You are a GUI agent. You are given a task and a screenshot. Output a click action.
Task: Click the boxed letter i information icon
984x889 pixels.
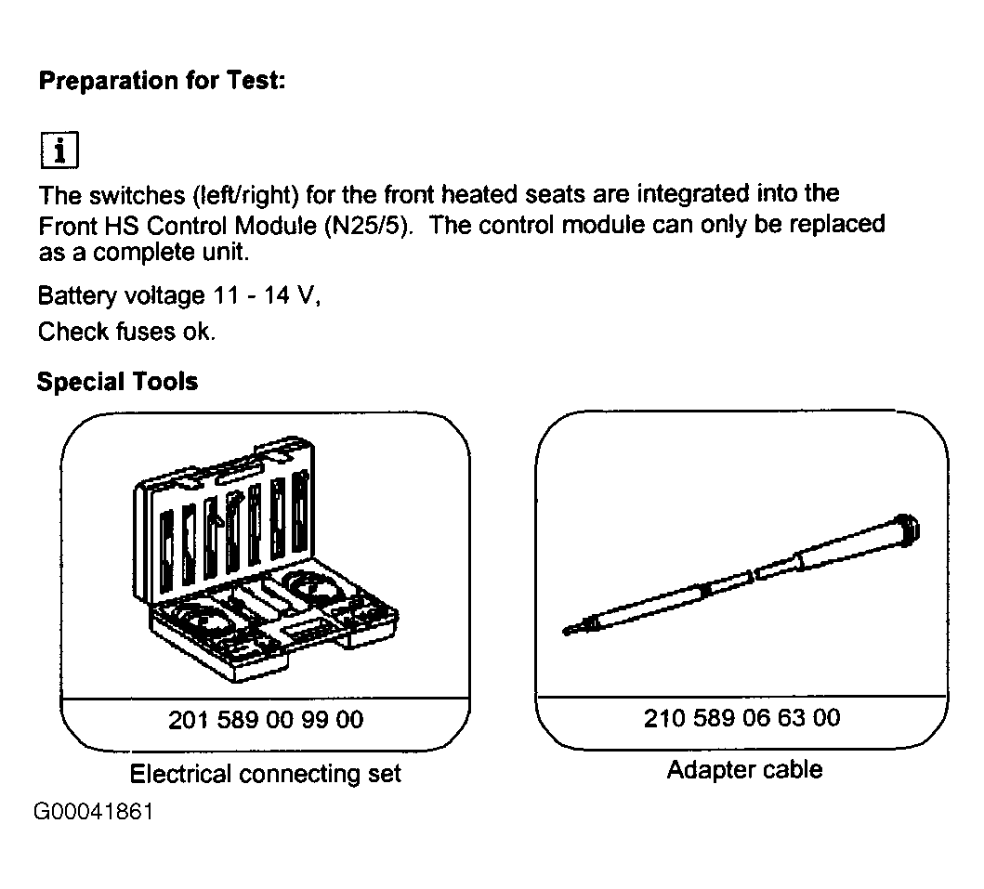[59, 150]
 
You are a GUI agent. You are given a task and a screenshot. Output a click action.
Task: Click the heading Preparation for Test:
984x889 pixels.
[162, 81]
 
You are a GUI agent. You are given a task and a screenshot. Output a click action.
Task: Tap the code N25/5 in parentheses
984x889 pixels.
[368, 225]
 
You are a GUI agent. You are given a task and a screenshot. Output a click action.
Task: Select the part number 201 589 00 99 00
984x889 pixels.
[266, 720]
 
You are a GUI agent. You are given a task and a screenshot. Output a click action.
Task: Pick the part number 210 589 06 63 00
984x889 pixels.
[741, 718]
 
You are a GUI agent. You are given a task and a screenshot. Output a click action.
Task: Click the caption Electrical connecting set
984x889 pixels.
[265, 774]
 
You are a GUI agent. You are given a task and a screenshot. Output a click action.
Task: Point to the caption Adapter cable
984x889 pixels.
[744, 770]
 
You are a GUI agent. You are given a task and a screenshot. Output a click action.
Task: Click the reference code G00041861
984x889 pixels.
[94, 812]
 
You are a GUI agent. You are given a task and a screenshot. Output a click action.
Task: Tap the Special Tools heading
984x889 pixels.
[117, 382]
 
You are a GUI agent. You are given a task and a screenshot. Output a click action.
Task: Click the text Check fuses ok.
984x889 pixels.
[126, 332]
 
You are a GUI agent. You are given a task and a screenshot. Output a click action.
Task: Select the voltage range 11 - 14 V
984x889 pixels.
[266, 294]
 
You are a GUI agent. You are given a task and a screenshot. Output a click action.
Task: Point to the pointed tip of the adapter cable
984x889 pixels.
[566, 631]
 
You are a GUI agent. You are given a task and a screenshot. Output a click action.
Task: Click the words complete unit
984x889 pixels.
[171, 253]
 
